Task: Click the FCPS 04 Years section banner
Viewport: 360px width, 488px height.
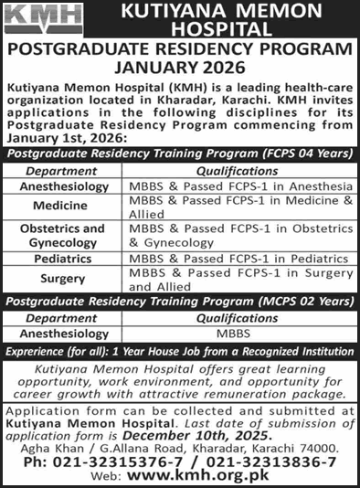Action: click(x=180, y=155)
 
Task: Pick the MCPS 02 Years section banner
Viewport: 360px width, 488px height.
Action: click(x=180, y=300)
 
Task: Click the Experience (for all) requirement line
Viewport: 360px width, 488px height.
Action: click(x=180, y=351)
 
